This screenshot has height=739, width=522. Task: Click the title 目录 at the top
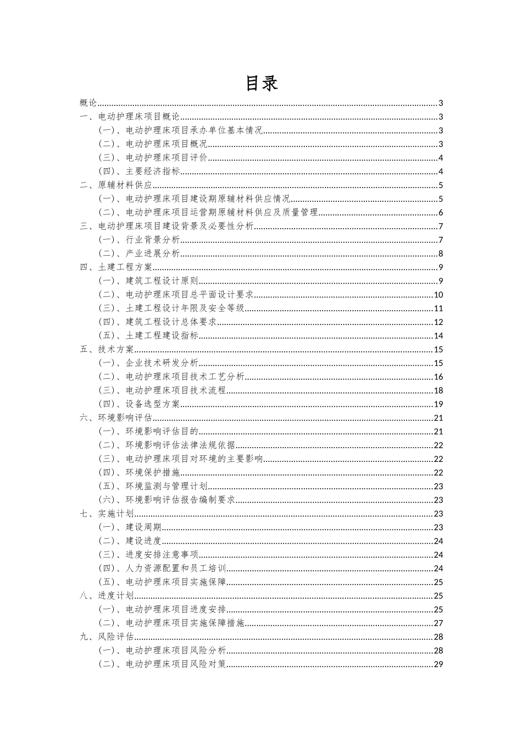coord(261,83)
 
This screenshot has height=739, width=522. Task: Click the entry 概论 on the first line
coord(88,103)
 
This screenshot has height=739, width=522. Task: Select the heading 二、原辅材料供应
coord(116,185)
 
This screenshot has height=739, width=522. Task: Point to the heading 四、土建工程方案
coord(116,267)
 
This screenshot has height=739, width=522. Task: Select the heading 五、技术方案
coord(107,350)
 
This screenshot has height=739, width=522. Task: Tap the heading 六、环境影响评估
coord(116,418)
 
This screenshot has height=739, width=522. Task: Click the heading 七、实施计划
coord(107,514)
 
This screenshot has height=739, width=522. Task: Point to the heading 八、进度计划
coord(107,595)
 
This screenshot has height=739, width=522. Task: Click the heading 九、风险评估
coord(107,637)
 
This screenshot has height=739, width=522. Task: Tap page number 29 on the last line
coord(438,664)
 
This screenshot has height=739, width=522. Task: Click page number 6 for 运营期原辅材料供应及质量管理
coord(441,213)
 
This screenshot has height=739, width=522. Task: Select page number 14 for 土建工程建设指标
coord(438,336)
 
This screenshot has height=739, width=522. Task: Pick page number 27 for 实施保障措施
coord(438,623)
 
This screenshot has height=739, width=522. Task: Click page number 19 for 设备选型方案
coord(438,404)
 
